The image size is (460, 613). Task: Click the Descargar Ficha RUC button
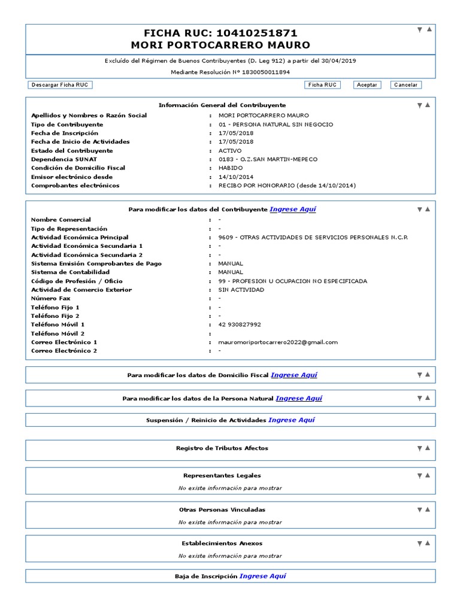[x=60, y=85]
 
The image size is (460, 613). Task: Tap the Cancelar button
[x=405, y=85]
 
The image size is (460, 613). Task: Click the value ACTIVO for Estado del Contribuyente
[x=230, y=151]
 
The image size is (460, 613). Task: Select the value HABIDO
[x=231, y=168]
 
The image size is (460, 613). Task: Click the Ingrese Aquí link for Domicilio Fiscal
[x=293, y=375]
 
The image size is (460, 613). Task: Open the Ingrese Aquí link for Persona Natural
[x=299, y=399]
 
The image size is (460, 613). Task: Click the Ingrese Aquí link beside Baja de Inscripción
[x=262, y=576]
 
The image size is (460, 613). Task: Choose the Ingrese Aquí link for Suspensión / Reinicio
[x=291, y=420]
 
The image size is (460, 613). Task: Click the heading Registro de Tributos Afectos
[x=222, y=448]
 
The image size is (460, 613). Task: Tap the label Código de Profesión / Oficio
[x=77, y=281]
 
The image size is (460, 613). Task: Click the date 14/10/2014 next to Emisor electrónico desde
[x=236, y=177]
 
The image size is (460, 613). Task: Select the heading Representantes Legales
[x=222, y=476]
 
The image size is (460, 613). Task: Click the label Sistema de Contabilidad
[x=70, y=272]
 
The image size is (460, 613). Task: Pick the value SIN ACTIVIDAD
[x=241, y=290]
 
